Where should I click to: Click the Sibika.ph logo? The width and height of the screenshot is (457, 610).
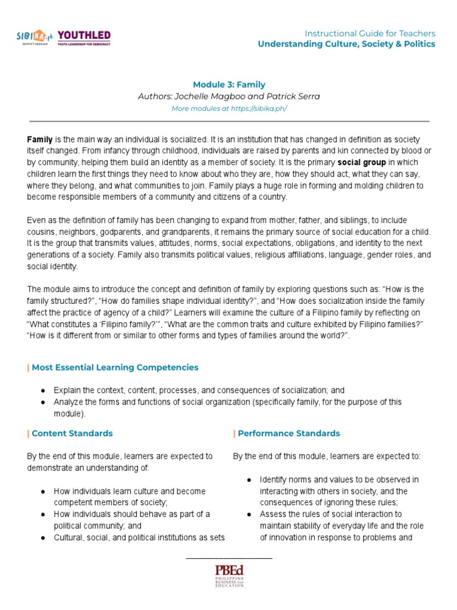(x=35, y=38)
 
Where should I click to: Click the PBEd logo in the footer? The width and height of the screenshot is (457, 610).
(x=229, y=575)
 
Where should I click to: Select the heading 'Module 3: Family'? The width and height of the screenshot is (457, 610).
(x=228, y=85)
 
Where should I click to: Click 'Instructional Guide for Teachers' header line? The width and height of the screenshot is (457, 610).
(x=370, y=33)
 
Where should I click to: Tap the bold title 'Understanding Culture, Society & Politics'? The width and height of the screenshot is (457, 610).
(x=346, y=44)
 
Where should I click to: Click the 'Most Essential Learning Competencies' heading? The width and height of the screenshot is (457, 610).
(x=115, y=368)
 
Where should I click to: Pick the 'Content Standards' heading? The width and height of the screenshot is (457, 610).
(x=72, y=433)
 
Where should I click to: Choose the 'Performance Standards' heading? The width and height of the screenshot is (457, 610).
(x=289, y=433)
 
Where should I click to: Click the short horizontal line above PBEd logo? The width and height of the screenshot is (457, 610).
(x=229, y=558)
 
